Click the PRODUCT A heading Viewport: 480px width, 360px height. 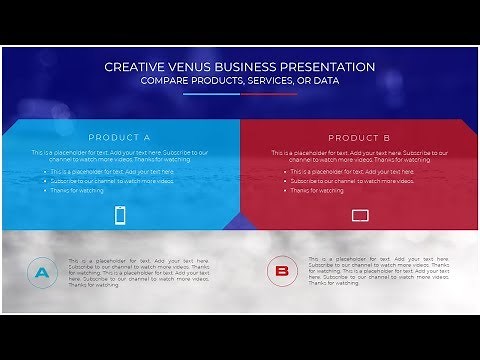click(x=119, y=137)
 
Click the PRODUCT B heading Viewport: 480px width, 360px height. click(x=359, y=137)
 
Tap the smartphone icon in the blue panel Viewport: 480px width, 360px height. click(x=120, y=214)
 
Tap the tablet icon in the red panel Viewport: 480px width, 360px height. click(x=360, y=214)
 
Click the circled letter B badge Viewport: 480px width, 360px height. click(x=282, y=271)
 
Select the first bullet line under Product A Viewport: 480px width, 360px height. click(x=112, y=171)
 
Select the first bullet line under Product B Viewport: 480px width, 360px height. click(x=352, y=171)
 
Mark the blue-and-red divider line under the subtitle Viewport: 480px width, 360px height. click(x=240, y=93)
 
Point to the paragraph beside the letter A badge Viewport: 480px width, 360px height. click(x=139, y=271)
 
